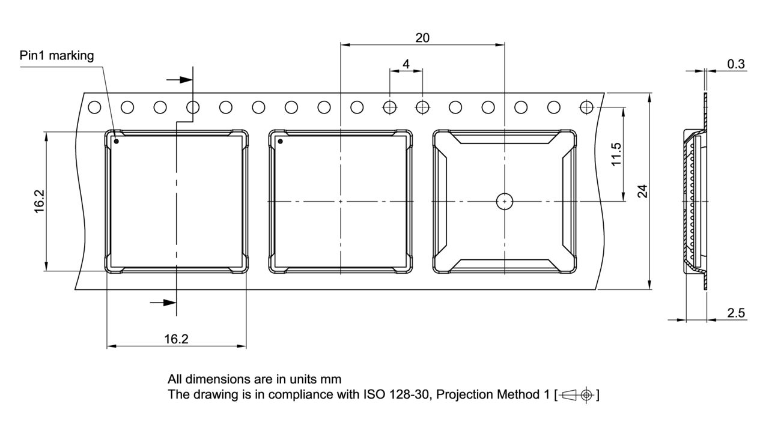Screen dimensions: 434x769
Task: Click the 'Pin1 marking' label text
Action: tap(57, 56)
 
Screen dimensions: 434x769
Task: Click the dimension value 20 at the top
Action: tap(422, 37)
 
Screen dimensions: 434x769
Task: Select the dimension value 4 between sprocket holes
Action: tap(406, 64)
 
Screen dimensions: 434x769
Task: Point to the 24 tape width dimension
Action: tap(642, 191)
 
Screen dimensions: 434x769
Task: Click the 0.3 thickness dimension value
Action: tap(735, 64)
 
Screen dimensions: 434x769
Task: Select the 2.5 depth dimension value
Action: tap(736, 313)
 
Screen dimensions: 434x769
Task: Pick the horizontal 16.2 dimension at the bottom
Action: tap(176, 339)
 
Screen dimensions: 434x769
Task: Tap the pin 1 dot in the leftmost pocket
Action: tap(117, 142)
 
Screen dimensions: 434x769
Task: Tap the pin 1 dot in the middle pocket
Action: tap(280, 142)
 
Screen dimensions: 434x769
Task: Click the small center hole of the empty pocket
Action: tap(504, 202)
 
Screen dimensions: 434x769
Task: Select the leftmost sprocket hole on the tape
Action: tap(94, 107)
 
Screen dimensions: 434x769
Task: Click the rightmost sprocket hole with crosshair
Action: tap(586, 107)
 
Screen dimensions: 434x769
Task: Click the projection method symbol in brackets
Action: tap(577, 395)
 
